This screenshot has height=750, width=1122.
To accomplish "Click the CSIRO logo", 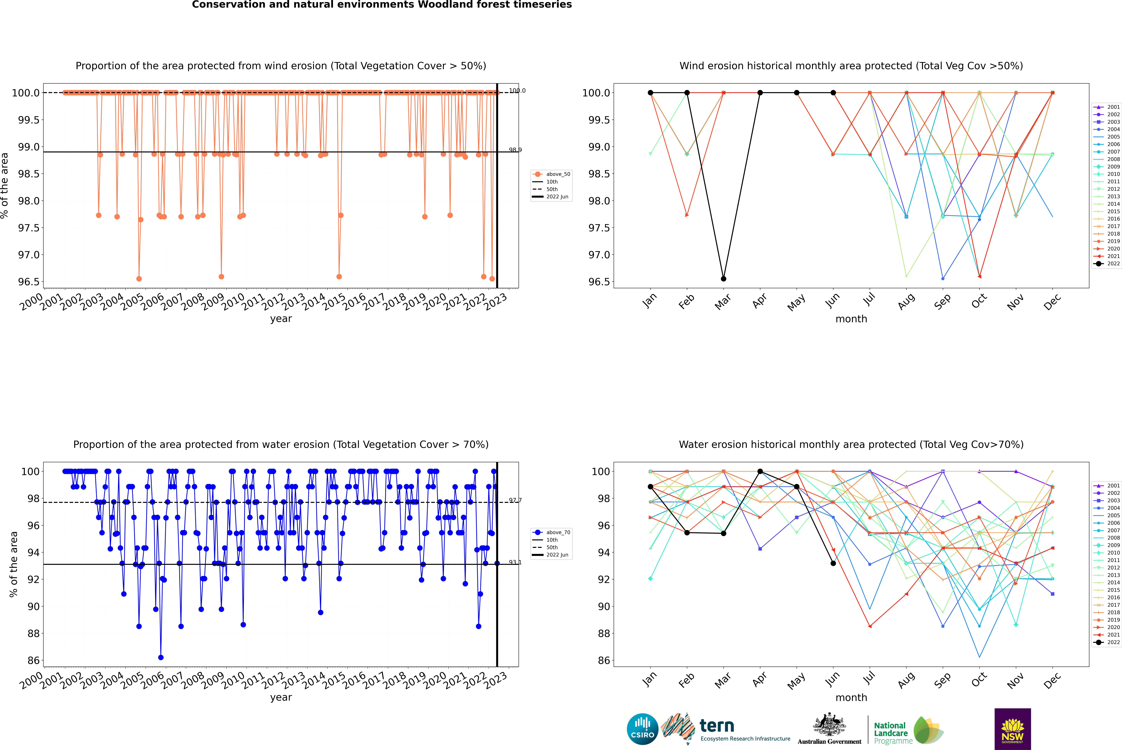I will [642, 729].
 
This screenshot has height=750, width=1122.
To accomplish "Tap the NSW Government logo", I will [1012, 729].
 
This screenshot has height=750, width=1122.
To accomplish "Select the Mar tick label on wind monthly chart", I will [723, 301].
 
